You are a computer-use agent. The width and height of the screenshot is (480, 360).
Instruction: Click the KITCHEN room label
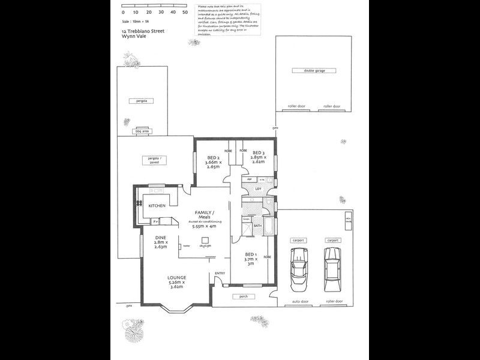coord(157,206)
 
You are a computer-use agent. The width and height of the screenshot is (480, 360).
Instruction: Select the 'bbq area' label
coord(142,130)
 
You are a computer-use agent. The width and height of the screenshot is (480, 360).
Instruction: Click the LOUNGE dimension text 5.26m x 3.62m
coord(177,284)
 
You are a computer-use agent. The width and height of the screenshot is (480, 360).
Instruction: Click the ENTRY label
coord(220,274)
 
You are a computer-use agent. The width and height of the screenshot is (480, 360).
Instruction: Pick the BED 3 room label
coord(259,152)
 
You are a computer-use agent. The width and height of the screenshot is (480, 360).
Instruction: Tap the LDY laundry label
coord(258,190)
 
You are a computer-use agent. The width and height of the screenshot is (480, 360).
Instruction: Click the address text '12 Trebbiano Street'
coord(143,31)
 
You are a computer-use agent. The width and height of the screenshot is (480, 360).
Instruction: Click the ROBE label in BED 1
coord(267,256)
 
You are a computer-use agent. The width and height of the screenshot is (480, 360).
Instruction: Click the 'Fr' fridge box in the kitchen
coord(155,221)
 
